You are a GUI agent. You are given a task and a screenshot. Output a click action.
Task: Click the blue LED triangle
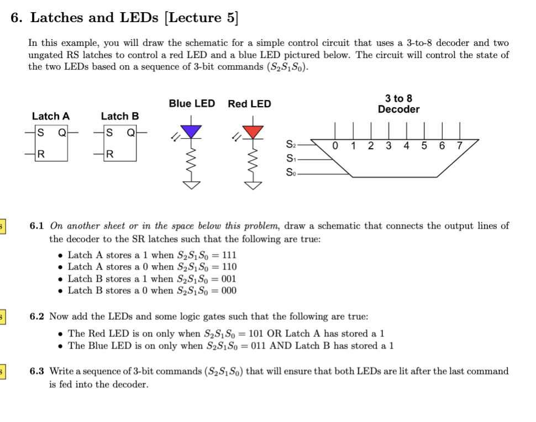coord(192,131)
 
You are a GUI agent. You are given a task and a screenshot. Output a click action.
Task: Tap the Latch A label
coord(51,116)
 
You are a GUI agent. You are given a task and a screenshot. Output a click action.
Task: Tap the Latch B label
coord(120,116)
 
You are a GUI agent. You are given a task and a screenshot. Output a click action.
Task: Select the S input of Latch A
coord(39,133)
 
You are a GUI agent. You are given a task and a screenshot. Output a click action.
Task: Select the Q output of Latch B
coord(131,133)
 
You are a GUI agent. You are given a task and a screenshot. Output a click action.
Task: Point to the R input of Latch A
coord(39,153)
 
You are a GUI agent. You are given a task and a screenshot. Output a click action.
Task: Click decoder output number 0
coord(335,146)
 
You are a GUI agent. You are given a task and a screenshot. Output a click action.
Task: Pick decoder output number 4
coord(407,146)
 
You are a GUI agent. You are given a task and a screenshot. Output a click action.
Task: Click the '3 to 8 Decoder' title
coord(398,104)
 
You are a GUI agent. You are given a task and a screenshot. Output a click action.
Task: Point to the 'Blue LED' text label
coord(192,103)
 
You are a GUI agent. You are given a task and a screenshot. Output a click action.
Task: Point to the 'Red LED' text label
coord(250,103)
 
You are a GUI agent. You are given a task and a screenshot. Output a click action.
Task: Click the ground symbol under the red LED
coord(254,186)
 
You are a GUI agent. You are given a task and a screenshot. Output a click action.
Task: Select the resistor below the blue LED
coord(192,160)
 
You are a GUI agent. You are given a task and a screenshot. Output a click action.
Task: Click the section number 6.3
coord(37,371)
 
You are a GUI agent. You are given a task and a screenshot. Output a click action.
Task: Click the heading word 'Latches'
coord(57,18)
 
